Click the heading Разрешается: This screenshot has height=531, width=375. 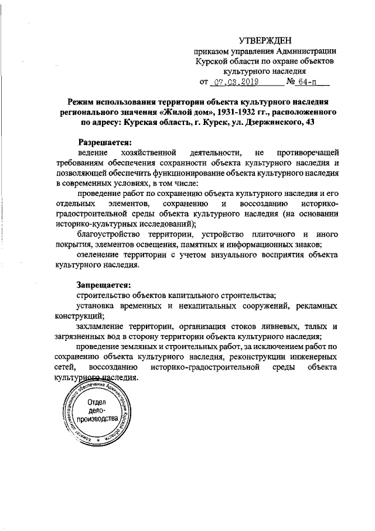pos(106,142)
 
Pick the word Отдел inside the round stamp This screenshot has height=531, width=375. pos(97,403)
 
